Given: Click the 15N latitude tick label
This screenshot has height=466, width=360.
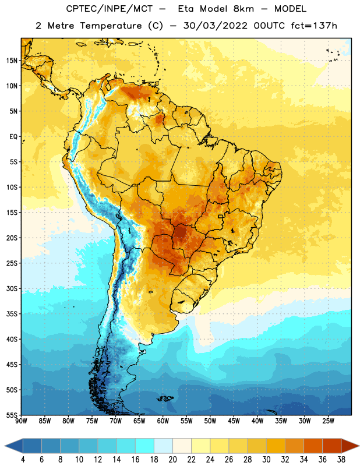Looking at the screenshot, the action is pyautogui.click(x=12, y=61).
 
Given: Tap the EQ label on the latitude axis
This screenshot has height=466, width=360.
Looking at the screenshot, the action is pyautogui.click(x=13, y=137).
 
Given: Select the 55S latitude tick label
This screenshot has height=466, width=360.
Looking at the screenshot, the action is pyautogui.click(x=12, y=415).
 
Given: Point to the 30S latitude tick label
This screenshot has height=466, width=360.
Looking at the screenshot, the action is pyautogui.click(x=12, y=288).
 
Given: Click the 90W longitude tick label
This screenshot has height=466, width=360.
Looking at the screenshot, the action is pyautogui.click(x=21, y=421).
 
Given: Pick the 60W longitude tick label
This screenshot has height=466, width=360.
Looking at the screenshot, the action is pyautogui.click(x=163, y=421).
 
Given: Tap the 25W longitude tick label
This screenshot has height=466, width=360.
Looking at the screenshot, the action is pyautogui.click(x=328, y=421).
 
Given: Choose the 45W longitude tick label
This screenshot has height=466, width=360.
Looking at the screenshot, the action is pyautogui.click(x=234, y=421).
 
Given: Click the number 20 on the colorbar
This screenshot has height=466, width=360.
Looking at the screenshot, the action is pyautogui.click(x=172, y=460).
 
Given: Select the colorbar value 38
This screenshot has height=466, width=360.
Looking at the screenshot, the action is pyautogui.click(x=341, y=460).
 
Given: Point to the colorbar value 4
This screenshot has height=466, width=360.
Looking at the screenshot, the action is pyautogui.click(x=23, y=460).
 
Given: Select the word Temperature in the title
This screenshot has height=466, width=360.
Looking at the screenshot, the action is pyautogui.click(x=111, y=26).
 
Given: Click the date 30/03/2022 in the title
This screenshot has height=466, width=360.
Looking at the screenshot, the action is pyautogui.click(x=215, y=26).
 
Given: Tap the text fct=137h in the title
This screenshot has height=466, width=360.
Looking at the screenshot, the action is pyautogui.click(x=314, y=26).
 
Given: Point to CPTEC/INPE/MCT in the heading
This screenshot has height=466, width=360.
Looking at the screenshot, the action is pyautogui.click(x=110, y=9).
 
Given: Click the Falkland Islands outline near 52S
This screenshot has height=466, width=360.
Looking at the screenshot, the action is pyautogui.click(x=165, y=398).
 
